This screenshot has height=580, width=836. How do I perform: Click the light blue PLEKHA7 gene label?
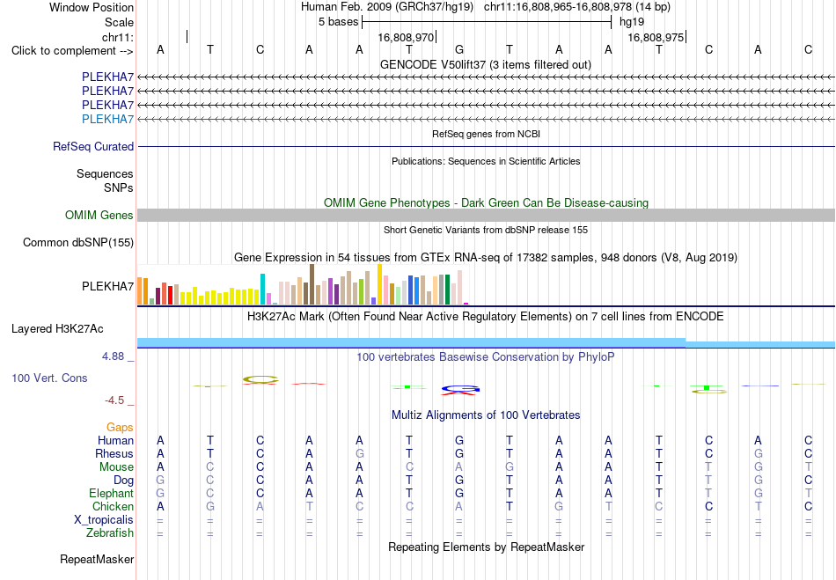[107, 119]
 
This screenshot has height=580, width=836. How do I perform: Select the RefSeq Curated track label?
[93, 147]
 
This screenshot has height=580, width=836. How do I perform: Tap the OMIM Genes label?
[99, 215]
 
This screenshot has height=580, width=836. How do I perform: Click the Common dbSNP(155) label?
[78, 243]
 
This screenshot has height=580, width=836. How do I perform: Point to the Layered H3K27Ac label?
[57, 329]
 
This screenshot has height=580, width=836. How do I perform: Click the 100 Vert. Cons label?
[49, 378]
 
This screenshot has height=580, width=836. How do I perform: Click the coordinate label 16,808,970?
[406, 37]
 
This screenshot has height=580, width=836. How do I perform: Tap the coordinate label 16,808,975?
[656, 37]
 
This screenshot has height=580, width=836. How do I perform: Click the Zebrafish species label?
[110, 533]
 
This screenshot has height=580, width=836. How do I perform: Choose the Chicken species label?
[113, 506]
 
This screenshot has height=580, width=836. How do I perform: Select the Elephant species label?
[112, 493]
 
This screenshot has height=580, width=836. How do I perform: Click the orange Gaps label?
[120, 427]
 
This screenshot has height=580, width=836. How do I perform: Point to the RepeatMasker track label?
[97, 559]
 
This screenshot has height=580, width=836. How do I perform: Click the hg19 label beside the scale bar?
[632, 22]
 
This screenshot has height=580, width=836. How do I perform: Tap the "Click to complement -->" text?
[72, 51]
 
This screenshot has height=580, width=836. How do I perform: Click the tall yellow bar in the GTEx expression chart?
[379, 284]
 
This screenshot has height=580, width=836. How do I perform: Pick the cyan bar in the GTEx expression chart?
[262, 290]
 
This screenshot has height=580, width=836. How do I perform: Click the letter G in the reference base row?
[459, 50]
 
